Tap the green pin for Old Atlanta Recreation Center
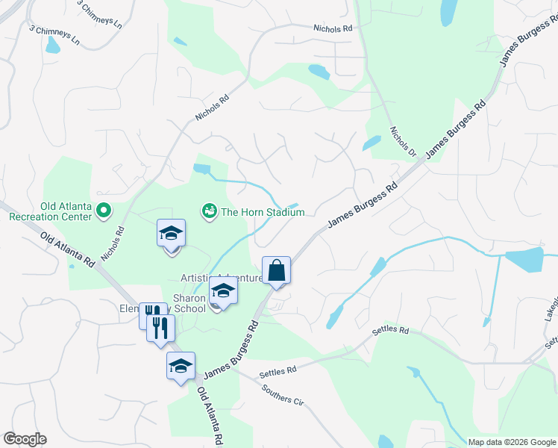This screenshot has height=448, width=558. [x=104, y=213]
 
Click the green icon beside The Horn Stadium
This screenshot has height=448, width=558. [x=209, y=212]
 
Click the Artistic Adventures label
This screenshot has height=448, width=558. [x=221, y=278]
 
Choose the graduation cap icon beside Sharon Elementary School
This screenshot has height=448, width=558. [x=223, y=290]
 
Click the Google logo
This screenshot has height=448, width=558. [x=25, y=439]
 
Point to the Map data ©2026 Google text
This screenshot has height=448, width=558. [x=512, y=442]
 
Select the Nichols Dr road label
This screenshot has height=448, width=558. [x=403, y=142]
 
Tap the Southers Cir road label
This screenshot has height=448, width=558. [x=283, y=395]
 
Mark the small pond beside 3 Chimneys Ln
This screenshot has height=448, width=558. [x=52, y=46]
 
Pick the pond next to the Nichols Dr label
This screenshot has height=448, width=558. [x=371, y=143]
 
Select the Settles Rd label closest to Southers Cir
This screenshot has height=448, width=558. [x=278, y=370]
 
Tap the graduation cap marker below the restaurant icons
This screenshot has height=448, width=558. [x=180, y=366]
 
